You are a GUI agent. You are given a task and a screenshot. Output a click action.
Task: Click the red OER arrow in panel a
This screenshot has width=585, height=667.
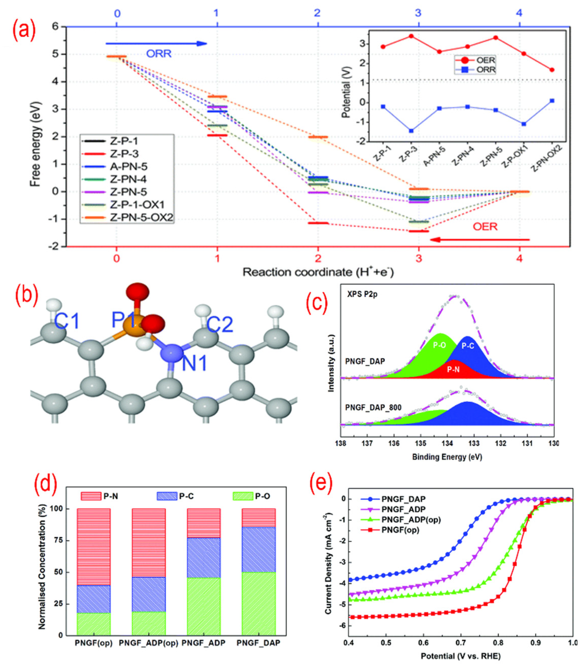coord(480,240)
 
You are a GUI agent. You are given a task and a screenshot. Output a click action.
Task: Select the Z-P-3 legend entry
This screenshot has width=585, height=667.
coord(124,154)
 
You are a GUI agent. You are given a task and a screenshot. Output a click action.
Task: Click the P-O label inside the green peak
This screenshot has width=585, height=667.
coord(439,345)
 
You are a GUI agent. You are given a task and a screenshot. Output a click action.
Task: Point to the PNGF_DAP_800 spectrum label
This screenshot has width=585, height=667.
coord(373,407)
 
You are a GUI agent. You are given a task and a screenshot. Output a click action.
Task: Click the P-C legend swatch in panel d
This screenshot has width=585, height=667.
coord(167,496)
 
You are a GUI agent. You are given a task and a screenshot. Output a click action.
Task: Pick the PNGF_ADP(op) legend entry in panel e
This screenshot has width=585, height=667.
coord(411,519)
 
